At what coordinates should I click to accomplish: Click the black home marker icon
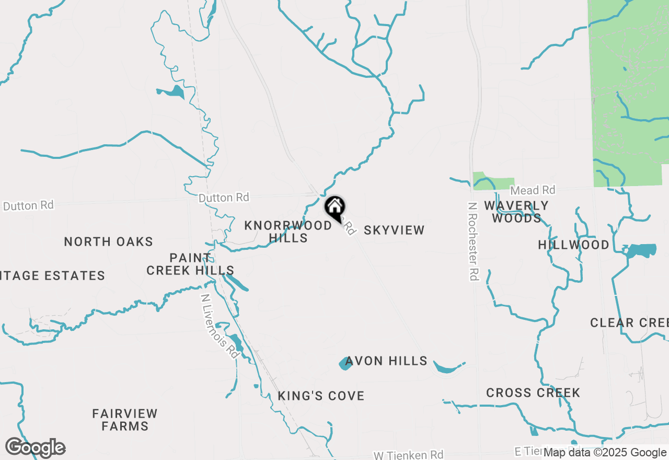pos(334,208)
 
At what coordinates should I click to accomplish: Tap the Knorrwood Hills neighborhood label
pos(288,231)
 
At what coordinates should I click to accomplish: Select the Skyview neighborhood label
pos(394,230)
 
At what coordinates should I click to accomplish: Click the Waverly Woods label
pos(516,212)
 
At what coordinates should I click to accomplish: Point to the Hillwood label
pos(574,245)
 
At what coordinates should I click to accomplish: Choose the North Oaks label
pos(109,241)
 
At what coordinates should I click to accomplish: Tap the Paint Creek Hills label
pos(190,264)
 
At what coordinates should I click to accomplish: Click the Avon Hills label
pos(386,361)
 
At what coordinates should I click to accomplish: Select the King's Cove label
pos(321,396)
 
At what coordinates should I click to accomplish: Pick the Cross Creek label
pos(533,393)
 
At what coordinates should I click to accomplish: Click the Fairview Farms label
pos(125,420)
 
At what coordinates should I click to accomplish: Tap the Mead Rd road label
pos(533,190)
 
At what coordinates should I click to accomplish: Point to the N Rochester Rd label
pos(473,241)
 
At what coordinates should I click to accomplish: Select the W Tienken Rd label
pos(408,455)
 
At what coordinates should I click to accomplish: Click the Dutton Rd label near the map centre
pos(224,198)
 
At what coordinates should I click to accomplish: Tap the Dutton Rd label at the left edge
pos(28,205)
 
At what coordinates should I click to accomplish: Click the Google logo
pos(36,448)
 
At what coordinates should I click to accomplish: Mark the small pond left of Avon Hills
pos(345,363)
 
